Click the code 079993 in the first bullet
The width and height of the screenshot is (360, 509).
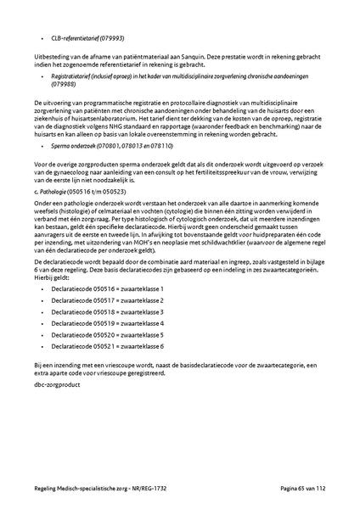coord(110,37)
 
